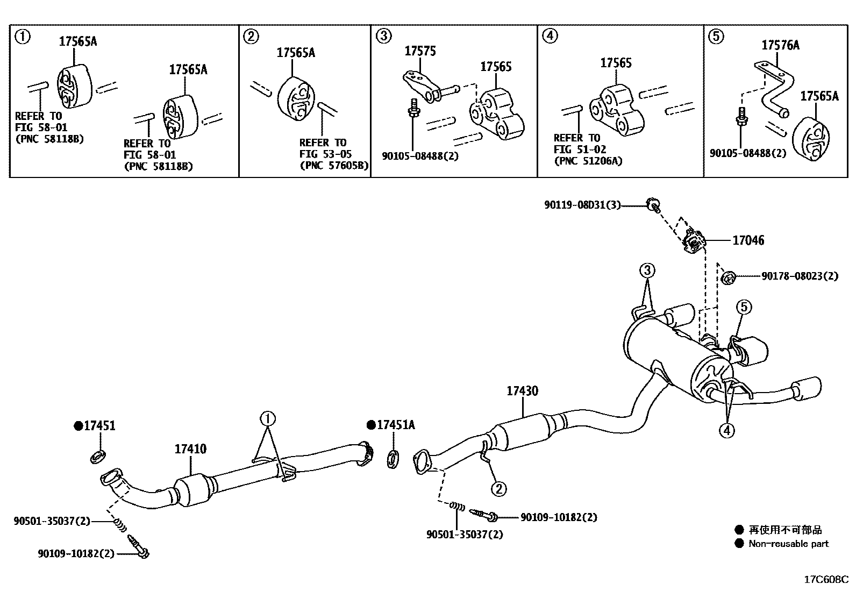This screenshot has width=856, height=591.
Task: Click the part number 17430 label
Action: point(522,391)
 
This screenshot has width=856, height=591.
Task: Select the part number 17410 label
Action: point(190,448)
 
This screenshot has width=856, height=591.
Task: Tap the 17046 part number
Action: point(748,240)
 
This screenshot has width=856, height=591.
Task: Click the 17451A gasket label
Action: point(395,425)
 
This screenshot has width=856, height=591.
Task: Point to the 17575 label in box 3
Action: point(420,51)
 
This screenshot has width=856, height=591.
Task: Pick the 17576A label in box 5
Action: point(780,45)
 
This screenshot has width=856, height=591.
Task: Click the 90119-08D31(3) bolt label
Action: point(582,205)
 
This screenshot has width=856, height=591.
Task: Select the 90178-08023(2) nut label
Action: point(800,276)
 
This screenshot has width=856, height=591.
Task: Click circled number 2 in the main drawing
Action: point(498,488)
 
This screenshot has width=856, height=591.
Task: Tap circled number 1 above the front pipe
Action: point(268,418)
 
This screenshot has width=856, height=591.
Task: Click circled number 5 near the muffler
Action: point(744,307)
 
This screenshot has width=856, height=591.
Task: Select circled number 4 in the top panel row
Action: point(550,36)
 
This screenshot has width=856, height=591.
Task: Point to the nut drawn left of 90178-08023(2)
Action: point(727,277)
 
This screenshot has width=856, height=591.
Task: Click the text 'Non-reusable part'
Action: point(788,544)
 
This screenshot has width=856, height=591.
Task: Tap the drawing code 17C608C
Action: point(826,580)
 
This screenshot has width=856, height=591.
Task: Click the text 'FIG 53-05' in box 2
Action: point(325,154)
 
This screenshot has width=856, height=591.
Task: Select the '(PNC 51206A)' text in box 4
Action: point(588,160)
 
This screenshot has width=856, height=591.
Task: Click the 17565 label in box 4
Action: point(616,63)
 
